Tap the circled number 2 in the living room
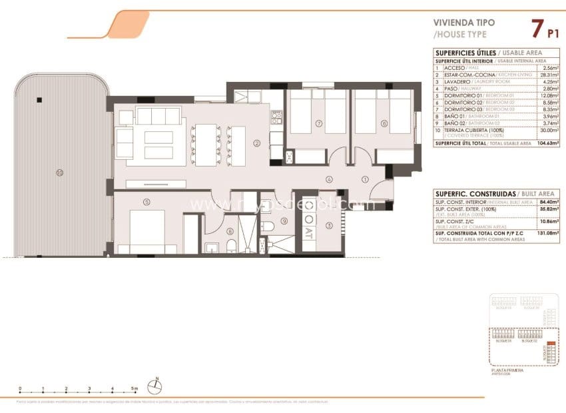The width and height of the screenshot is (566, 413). click(x=256, y=143)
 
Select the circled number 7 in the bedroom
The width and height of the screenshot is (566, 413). click(x=319, y=123)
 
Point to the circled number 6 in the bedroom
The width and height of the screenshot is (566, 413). click(x=384, y=123)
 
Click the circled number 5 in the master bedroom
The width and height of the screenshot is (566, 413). click(x=146, y=202)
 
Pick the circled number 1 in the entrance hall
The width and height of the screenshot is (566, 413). click(x=364, y=179)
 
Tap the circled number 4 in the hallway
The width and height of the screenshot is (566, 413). click(x=329, y=179)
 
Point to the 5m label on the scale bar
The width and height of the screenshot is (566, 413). click(x=135, y=388)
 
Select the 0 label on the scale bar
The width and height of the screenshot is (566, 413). click(x=20, y=388)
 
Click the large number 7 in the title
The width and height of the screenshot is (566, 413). click(x=536, y=29)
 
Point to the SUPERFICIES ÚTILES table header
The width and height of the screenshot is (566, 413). click(x=458, y=53)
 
